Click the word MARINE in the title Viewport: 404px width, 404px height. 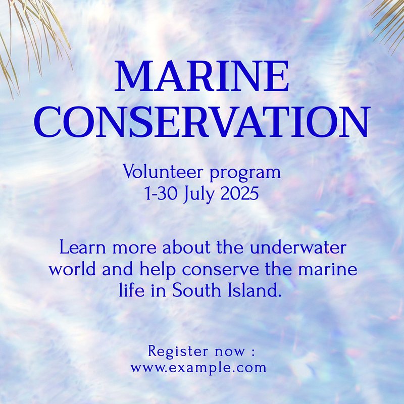pos(201,76)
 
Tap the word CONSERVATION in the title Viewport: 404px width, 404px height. pos(201,121)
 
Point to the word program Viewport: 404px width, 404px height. pos(245,173)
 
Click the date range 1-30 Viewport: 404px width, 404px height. pos(161,193)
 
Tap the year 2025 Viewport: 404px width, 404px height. pos(239,193)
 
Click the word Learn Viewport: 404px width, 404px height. pos(83,247)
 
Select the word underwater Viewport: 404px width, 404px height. pos(298,247)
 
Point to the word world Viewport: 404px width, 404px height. pos(73,269)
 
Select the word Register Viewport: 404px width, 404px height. pos(178,352)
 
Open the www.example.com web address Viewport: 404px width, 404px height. pos(198,368)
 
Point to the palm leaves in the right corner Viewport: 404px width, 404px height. pos(388,23)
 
